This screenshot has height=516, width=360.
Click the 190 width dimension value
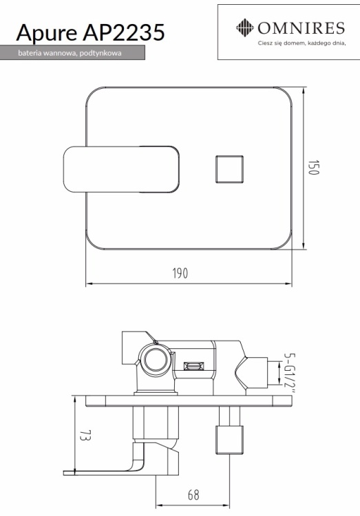coord(180,273)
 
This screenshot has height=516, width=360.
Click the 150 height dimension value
coord(314,168)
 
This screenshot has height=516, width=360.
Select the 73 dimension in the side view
coord(85,435)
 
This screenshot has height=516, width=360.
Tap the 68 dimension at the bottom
coord(193,495)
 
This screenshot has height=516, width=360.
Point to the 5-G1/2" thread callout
coord(290,373)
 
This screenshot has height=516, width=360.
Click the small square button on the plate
coord(230,169)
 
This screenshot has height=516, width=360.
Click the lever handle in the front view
coord(121,169)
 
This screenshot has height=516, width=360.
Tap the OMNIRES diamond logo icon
coord(245,28)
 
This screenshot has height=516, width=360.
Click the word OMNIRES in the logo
coord(301,28)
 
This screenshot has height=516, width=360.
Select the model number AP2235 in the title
coord(124,32)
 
